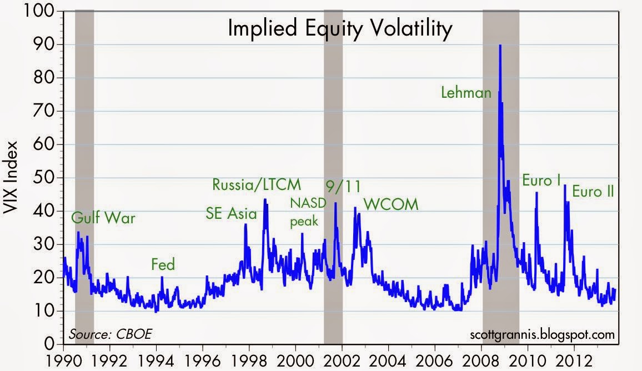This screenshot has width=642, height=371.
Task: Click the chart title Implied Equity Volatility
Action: click(340, 29)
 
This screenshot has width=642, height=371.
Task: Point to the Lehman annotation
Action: click(466, 93)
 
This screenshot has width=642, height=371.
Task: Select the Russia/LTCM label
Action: click(257, 184)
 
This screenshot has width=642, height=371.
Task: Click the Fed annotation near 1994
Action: click(163, 265)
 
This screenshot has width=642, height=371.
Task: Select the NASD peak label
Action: click(305, 212)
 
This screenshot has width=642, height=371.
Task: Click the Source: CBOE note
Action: click(110, 334)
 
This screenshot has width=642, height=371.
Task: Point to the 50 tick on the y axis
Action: click(48, 178)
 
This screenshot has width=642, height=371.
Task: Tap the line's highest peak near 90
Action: click(500, 46)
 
